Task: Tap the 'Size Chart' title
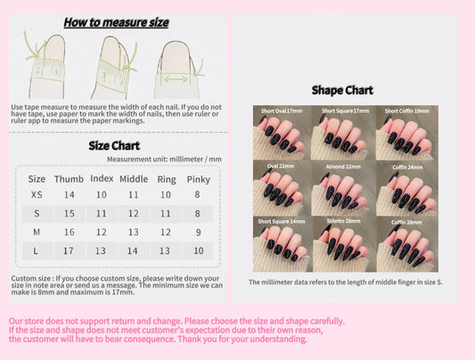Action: click(x=114, y=146)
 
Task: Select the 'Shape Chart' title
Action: click(x=341, y=90)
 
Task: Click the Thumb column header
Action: click(x=70, y=178)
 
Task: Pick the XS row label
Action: click(x=37, y=194)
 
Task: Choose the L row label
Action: click(x=37, y=250)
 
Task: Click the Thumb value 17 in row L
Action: click(x=70, y=250)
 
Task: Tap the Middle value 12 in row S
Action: click(x=134, y=213)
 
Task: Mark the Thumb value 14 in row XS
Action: click(x=70, y=194)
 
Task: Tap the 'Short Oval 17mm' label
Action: click(x=283, y=110)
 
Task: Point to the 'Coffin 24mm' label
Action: click(x=405, y=166)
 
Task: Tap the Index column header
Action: click(x=102, y=178)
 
